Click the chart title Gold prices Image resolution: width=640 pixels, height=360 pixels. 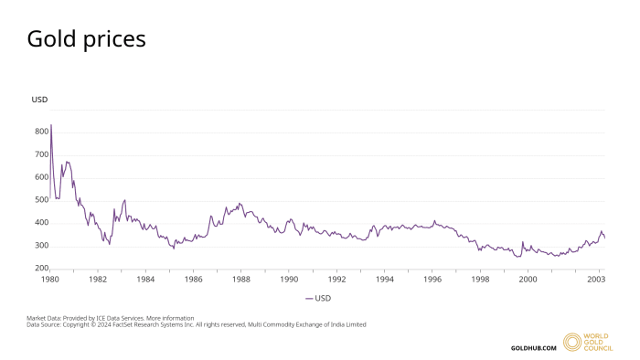(86, 39)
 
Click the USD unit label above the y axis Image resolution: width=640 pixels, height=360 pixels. (39, 99)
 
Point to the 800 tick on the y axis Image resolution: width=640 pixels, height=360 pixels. (41, 132)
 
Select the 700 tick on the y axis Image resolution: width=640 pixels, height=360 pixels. (41, 154)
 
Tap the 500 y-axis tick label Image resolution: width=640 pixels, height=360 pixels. (41, 200)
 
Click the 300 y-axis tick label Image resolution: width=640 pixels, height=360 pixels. (41, 246)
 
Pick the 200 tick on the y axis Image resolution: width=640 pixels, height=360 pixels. (41, 269)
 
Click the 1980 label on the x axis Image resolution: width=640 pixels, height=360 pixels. (50, 280)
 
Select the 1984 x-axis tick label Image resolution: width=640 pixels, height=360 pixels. (145, 280)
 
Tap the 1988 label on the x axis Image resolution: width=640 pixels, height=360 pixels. (241, 280)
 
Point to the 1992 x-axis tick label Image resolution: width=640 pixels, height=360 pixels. (337, 280)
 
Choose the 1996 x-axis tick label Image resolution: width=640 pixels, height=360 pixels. (432, 280)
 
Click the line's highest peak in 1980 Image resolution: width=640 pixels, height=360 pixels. (51, 125)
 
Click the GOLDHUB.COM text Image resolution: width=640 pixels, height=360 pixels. (533, 347)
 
